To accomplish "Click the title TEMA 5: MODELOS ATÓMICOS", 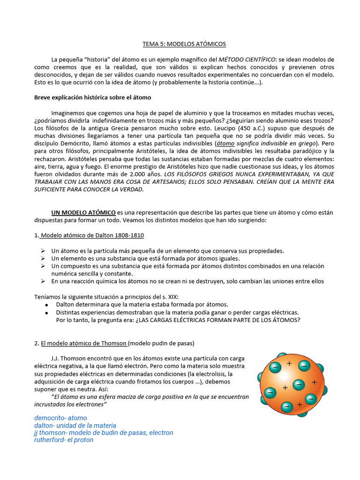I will [184, 44].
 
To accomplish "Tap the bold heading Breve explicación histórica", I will [92, 97].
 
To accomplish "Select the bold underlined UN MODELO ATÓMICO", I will [83, 212].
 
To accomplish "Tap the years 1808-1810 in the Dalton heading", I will [132, 235].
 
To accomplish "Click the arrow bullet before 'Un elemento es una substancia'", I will [43, 258].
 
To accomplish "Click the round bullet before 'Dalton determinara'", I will [46, 304].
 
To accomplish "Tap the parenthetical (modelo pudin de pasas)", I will [161, 343].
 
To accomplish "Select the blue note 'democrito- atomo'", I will [60, 418].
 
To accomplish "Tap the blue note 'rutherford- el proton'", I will [64, 440].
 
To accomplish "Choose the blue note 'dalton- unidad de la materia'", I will [75, 425].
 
